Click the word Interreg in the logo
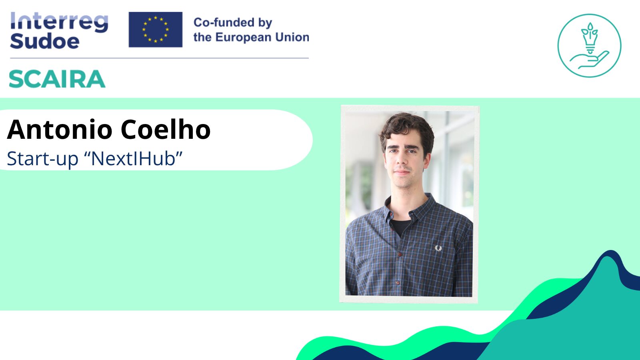click(60, 22)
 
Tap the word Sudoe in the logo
click(44, 41)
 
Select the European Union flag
click(156, 30)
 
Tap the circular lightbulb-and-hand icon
click(590, 46)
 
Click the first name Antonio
click(60, 130)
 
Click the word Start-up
click(42, 158)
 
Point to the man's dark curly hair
click(407, 128)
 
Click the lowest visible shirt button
click(398, 283)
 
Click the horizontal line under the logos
click(160, 58)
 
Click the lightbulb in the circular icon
click(590, 38)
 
